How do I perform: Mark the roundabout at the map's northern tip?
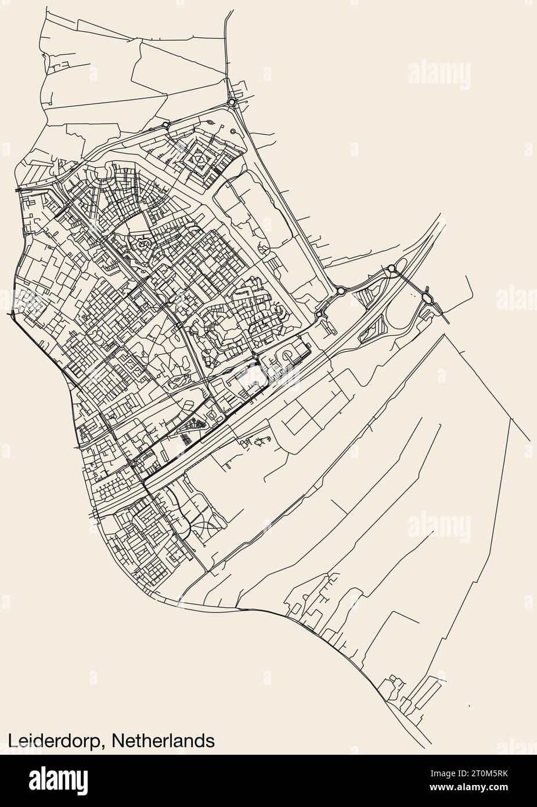click(x=232, y=102)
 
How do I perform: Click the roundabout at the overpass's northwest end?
click(x=391, y=268)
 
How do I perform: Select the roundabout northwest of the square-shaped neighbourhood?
click(x=165, y=125)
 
